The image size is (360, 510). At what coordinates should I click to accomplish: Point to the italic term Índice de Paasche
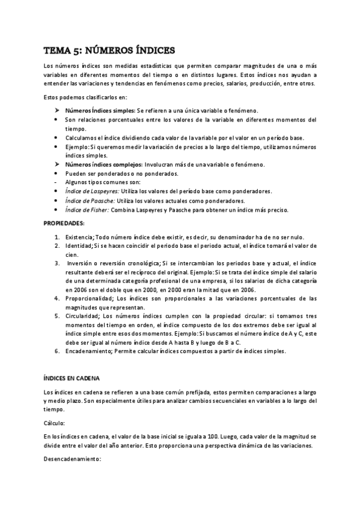[90, 200]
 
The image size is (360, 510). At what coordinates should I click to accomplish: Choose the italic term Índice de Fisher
[87, 210]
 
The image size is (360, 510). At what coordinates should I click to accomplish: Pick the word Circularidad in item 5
[83, 316]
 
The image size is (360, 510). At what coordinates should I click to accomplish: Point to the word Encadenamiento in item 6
[88, 351]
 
